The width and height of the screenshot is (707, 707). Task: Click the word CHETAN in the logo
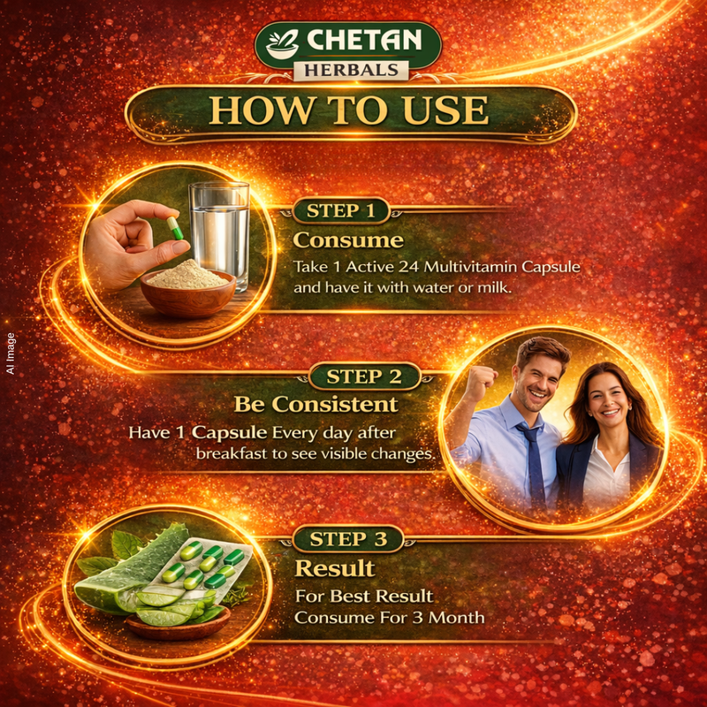364,40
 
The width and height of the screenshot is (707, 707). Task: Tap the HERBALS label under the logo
351,71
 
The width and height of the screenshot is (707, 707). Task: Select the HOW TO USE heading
348,110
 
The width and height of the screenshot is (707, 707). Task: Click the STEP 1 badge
341,210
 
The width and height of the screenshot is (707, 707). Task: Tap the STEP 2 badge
364,376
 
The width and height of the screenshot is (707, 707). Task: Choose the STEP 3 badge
348,539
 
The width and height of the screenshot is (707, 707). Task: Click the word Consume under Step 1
348,240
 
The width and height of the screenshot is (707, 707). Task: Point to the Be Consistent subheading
316,405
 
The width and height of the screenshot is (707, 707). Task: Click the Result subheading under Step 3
335,568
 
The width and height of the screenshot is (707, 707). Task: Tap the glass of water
219,234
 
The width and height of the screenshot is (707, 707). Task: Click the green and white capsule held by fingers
175,228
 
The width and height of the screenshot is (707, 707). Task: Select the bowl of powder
188,288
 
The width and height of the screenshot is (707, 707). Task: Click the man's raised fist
481,382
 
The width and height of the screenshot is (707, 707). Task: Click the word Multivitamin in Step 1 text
470,267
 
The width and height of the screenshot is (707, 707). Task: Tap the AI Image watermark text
11,353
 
